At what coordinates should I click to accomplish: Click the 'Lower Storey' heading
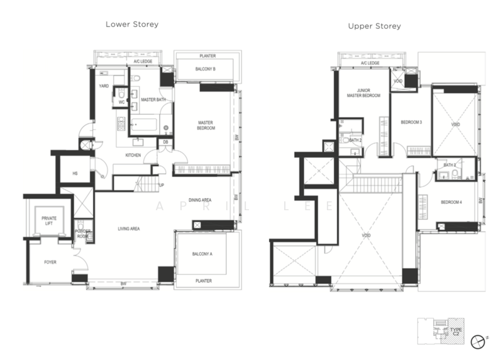click(131, 25)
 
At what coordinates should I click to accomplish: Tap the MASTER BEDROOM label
click(206, 125)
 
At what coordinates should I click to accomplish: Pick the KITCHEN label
click(133, 155)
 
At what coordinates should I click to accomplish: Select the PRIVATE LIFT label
click(49, 221)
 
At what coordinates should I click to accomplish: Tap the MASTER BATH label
click(152, 100)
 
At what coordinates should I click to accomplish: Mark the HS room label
click(74, 173)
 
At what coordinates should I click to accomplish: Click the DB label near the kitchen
click(164, 142)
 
